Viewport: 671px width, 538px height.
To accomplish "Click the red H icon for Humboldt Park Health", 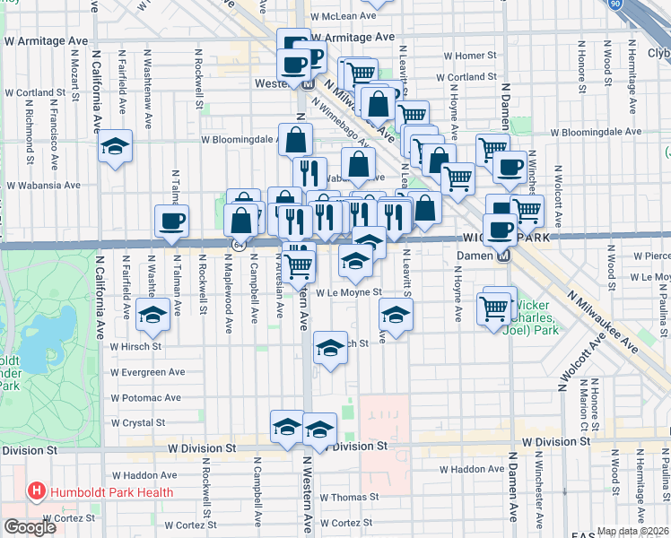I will (x=37, y=491).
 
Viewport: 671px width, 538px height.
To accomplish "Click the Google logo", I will (x=30, y=527).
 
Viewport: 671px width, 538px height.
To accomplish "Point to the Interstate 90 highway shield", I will (x=639, y=5).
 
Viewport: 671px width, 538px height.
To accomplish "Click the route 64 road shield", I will (x=238, y=244).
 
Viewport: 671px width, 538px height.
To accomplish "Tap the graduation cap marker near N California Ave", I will (x=114, y=148).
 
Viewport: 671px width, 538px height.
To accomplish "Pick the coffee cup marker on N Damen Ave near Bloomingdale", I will (x=510, y=167).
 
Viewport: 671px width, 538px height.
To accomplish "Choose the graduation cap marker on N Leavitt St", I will (x=396, y=315).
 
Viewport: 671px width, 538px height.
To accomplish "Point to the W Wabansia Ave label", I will (x=42, y=186).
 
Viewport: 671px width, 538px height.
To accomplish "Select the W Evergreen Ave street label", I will (x=147, y=372).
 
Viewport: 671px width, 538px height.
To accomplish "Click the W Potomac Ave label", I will (x=146, y=397).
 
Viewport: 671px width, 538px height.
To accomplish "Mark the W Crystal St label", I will (x=139, y=422).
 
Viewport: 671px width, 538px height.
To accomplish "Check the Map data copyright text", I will (x=632, y=531).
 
